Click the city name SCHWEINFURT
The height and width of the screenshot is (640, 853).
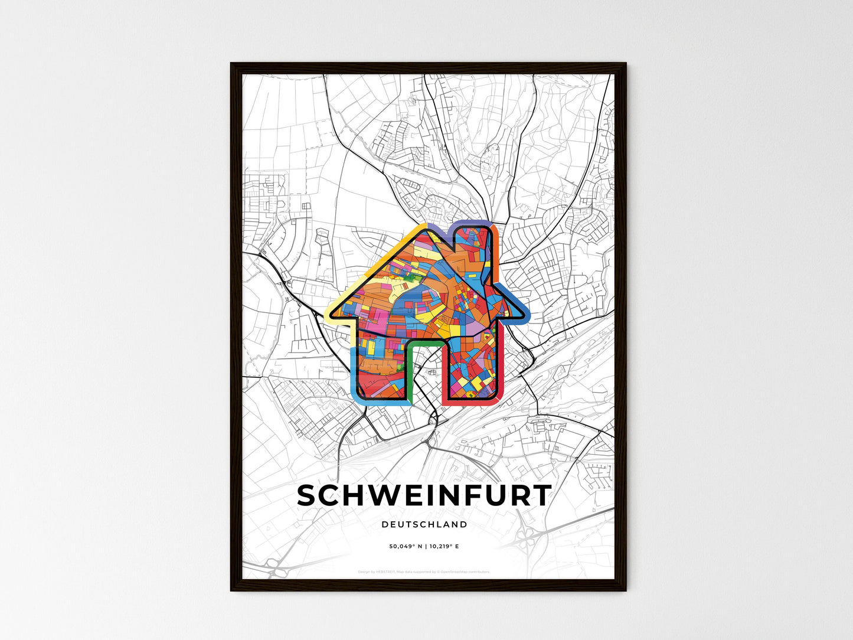tap(424, 496)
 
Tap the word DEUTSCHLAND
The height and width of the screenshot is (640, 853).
tap(424, 524)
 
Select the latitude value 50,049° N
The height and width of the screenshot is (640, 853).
tap(405, 547)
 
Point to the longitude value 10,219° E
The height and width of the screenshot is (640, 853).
tap(445, 547)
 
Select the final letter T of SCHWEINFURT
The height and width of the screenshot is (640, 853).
tap(541, 496)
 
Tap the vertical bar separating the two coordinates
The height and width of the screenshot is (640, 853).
tap(425, 547)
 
